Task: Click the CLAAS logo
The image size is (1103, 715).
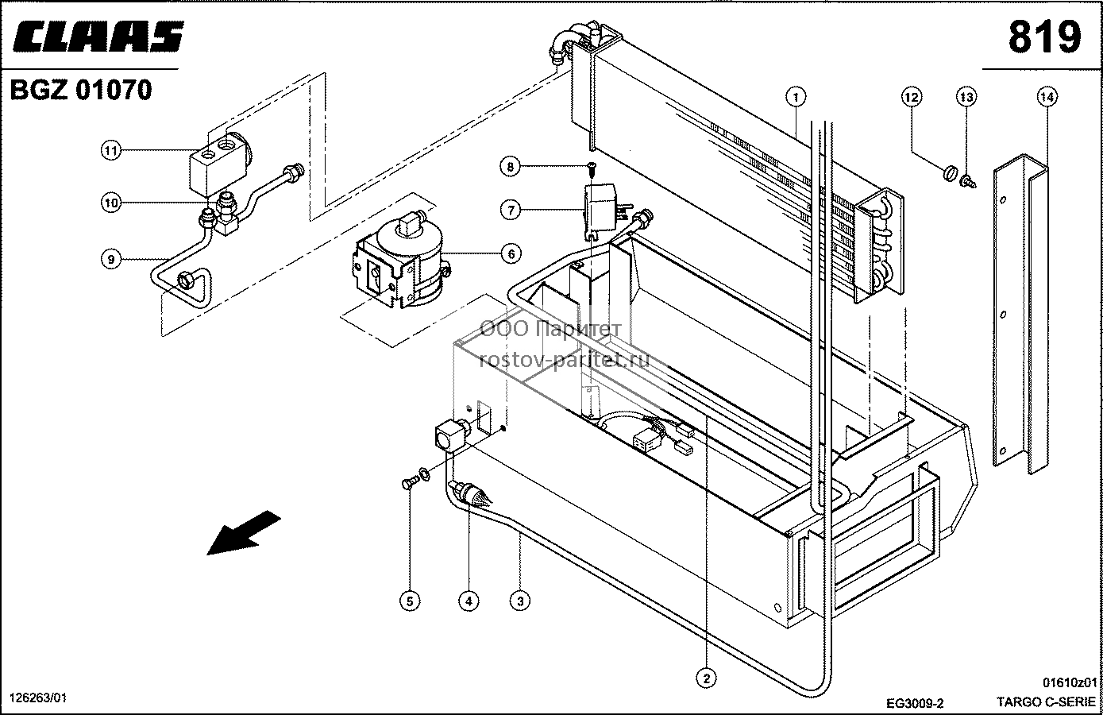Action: (x=98, y=37)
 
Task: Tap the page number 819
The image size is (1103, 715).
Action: (x=1044, y=37)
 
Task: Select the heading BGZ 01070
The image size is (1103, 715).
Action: (x=81, y=91)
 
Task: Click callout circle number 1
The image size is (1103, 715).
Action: (x=796, y=97)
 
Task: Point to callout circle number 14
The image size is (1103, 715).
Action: (x=1047, y=97)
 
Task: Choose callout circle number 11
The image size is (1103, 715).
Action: (x=111, y=150)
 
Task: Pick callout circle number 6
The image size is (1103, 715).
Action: (x=511, y=253)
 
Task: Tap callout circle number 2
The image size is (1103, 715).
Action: (x=707, y=678)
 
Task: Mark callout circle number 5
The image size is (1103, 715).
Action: (x=410, y=601)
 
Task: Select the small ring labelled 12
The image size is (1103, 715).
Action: (x=949, y=173)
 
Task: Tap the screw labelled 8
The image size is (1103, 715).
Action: (x=592, y=168)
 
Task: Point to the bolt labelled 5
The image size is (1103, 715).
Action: (x=408, y=483)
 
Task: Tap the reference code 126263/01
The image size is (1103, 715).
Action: (x=38, y=698)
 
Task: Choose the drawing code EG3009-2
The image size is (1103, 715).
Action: (x=915, y=702)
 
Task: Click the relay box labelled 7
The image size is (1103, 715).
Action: (x=601, y=210)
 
